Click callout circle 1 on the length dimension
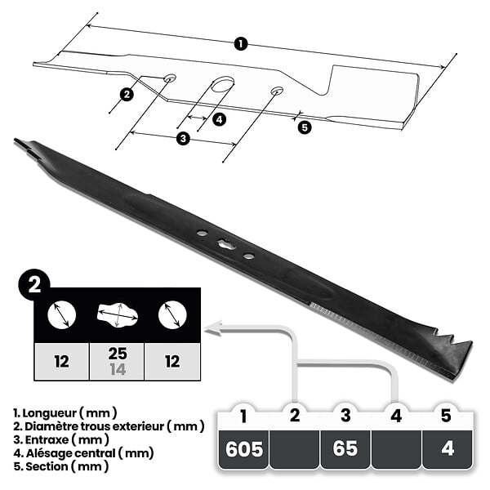pos(241,44)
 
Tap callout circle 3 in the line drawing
pos(183,138)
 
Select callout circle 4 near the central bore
pos(219,119)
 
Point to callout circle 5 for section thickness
pos(305,127)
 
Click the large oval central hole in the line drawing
pos(222,84)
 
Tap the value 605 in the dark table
pos(244,449)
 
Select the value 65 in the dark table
pos(345,448)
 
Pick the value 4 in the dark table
pos(448,449)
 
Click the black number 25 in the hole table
pos(118,354)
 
